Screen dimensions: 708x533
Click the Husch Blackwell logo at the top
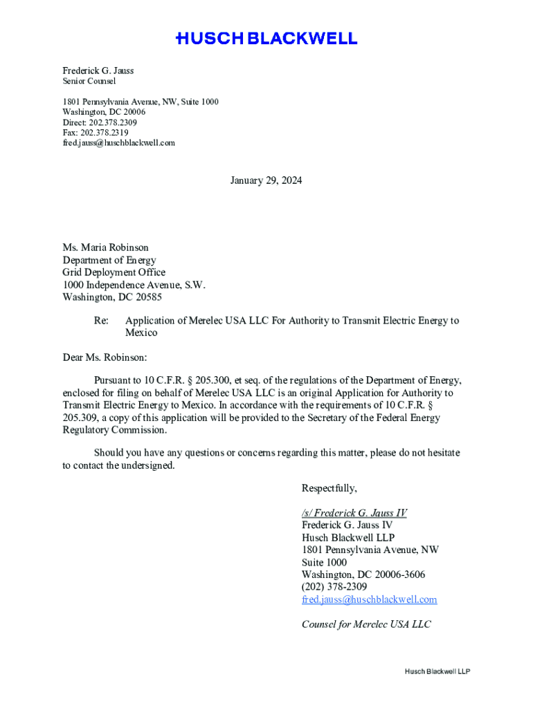pyautogui.click(x=266, y=39)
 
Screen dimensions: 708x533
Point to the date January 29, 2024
pyautogui.click(x=266, y=181)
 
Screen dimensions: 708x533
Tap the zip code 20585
pyautogui.click(x=147, y=298)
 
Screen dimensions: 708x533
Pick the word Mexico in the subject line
pyautogui.click(x=141, y=333)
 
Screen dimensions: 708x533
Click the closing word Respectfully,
pyautogui.click(x=329, y=489)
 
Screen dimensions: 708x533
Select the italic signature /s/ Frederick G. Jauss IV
pyautogui.click(x=354, y=513)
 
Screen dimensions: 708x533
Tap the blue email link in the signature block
pyautogui.click(x=369, y=599)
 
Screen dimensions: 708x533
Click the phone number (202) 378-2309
pyautogui.click(x=334, y=587)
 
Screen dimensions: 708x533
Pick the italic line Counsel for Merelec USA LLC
pyautogui.click(x=366, y=624)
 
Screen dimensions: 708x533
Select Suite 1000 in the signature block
pyautogui.click(x=324, y=563)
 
